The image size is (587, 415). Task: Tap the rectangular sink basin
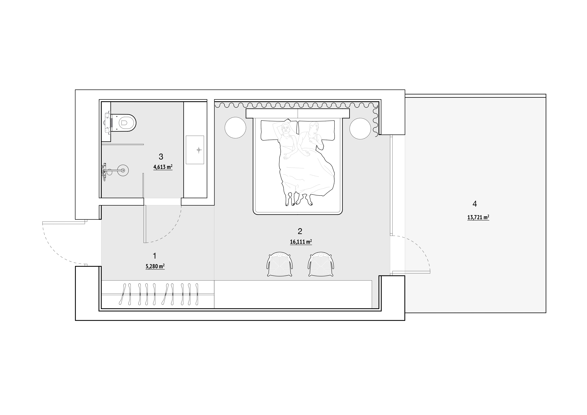(195, 150)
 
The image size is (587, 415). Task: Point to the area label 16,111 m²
(301, 242)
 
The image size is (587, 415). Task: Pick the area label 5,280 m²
(155, 266)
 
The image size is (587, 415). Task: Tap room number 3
(161, 156)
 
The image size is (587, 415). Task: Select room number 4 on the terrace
(475, 204)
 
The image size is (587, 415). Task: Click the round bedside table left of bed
(235, 128)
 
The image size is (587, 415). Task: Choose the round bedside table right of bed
(360, 128)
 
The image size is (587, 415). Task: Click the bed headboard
(298, 113)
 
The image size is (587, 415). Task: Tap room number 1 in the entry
(154, 256)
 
